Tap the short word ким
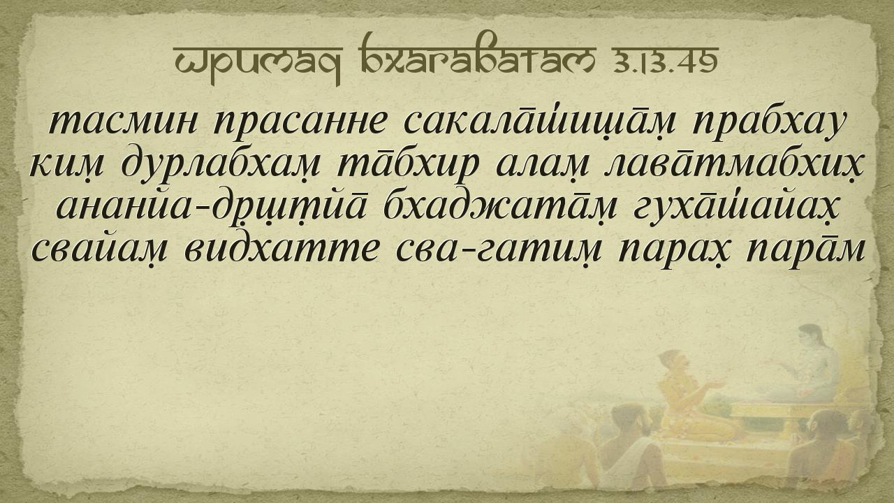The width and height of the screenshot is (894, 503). point(66,165)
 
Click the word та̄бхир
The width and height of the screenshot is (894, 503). point(408,166)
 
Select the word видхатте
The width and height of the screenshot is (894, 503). point(281,249)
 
